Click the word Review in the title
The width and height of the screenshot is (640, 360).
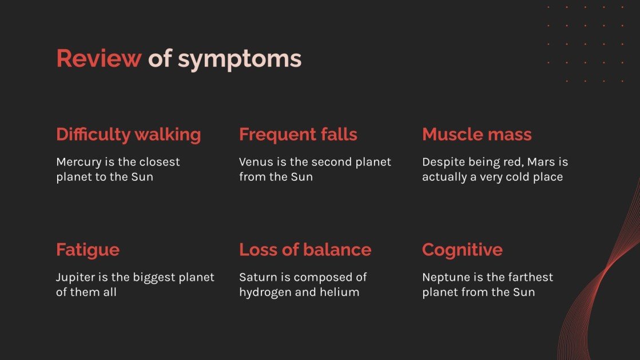(x=98, y=59)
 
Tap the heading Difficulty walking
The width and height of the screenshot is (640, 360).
(x=128, y=134)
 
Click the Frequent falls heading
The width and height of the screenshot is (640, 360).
(x=298, y=134)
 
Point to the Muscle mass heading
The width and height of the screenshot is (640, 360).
(x=476, y=134)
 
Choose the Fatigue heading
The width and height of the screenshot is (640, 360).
(x=88, y=250)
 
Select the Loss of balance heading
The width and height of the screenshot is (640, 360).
(x=305, y=250)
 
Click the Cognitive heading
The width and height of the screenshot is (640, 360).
(x=462, y=250)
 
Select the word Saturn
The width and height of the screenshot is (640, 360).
(x=257, y=277)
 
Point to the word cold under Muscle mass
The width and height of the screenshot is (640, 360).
(x=512, y=177)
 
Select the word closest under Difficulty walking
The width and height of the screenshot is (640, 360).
(x=159, y=162)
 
